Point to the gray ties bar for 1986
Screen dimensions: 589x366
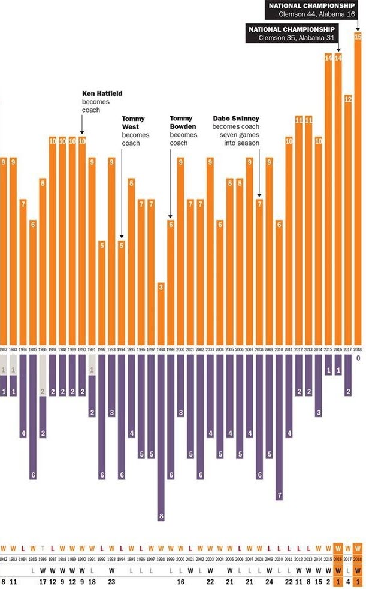[43, 375]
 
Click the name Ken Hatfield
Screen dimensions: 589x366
[102, 93]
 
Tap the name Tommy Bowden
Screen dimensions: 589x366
[183, 126]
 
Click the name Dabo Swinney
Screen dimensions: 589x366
[235, 119]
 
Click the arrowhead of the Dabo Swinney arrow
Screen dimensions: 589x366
[259, 195]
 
